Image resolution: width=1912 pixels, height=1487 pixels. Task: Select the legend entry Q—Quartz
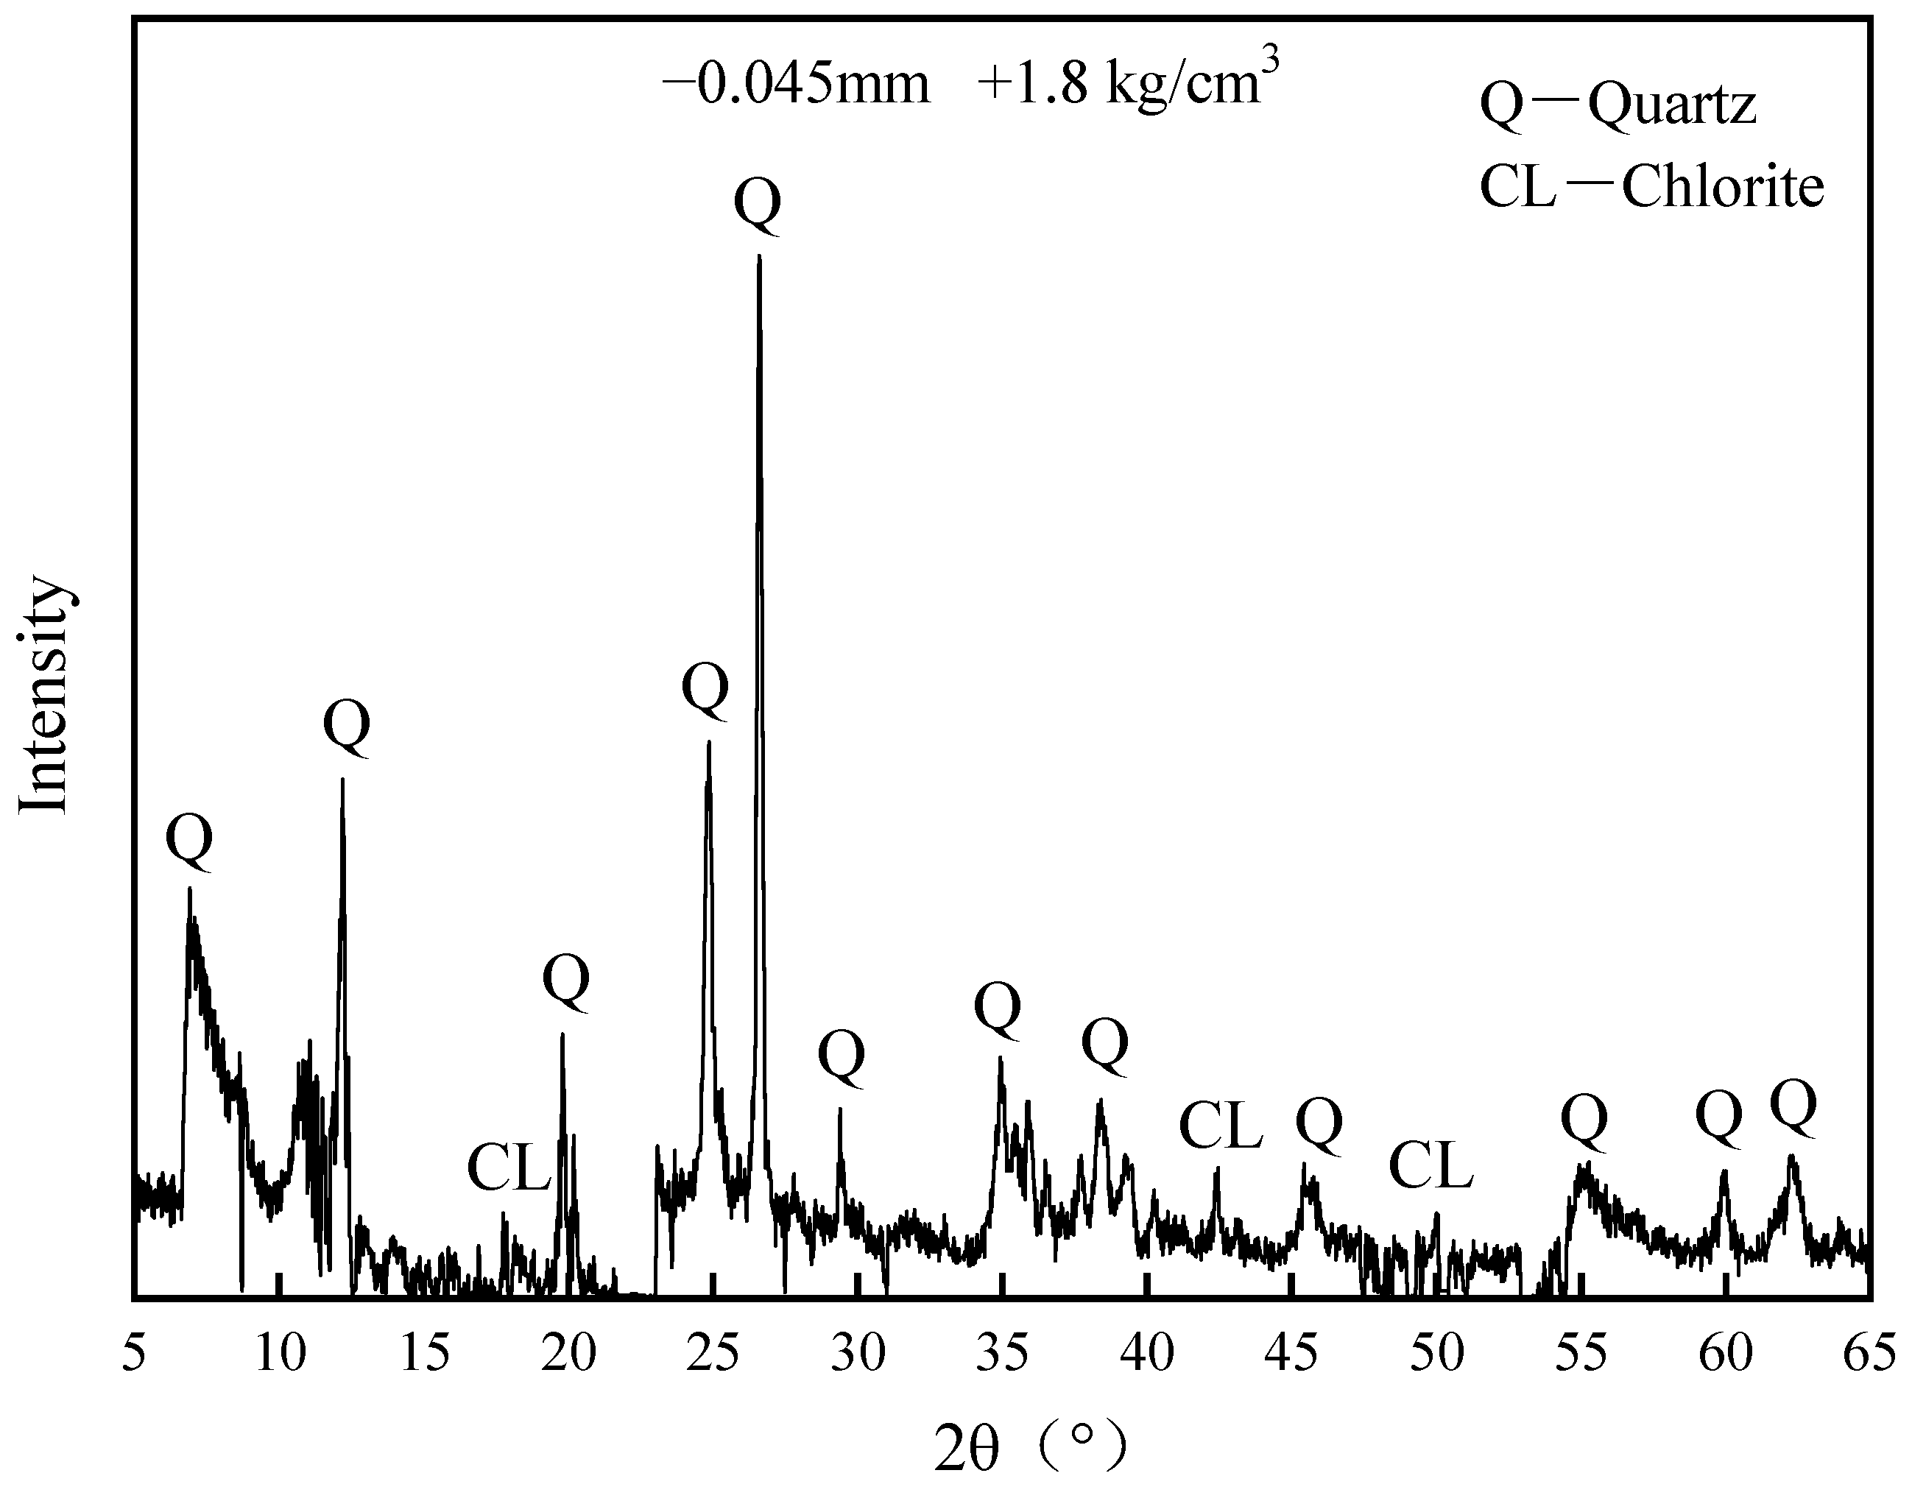coord(1618,106)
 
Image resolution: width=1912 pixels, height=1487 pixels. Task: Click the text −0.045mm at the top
coord(796,86)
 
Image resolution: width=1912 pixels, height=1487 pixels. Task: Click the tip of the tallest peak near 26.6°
coord(759,256)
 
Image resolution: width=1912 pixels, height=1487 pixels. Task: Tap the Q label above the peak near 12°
coord(347,727)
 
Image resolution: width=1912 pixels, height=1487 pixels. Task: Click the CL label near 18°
coord(509,1168)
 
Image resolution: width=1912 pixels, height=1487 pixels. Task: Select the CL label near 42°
coord(1221,1126)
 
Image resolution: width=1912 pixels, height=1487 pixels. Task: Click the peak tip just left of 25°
coord(708,742)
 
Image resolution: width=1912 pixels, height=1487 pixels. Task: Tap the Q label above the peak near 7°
coord(189,840)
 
